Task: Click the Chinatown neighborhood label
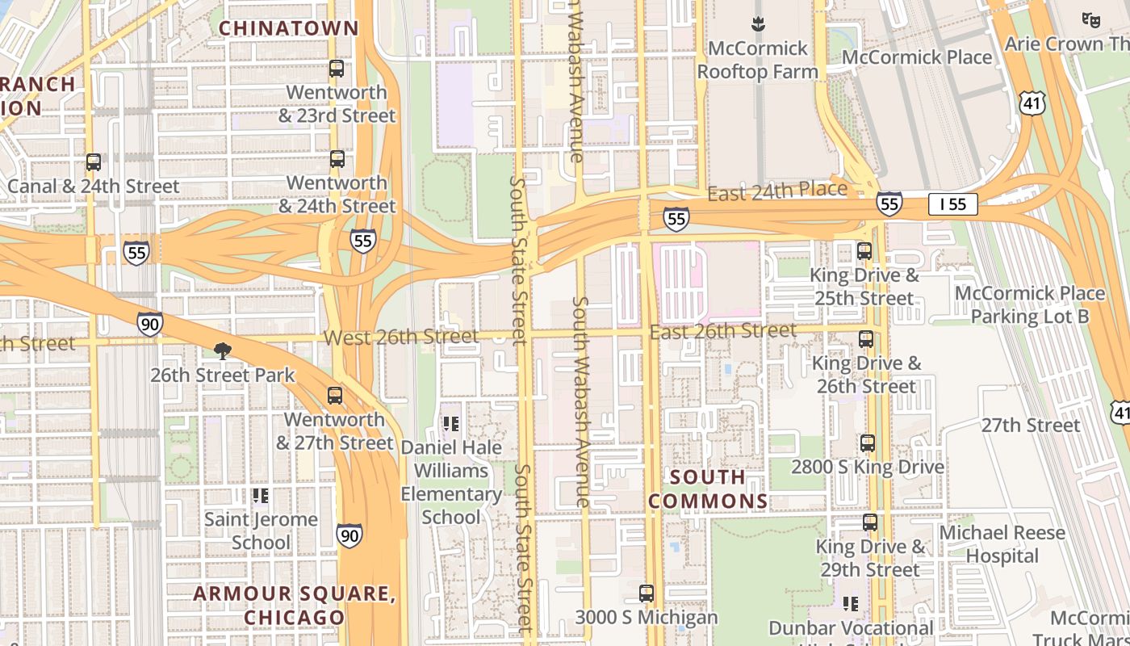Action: [x=288, y=28]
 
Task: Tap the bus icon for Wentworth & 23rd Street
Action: [x=337, y=69]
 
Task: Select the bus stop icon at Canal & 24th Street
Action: [x=94, y=162]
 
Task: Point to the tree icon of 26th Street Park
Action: [x=222, y=351]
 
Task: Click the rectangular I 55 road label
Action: [x=952, y=204]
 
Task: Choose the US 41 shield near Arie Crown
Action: [x=1033, y=103]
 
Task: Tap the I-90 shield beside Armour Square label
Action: [x=349, y=535]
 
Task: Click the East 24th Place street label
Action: [x=777, y=191]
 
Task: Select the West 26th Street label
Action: [x=401, y=337]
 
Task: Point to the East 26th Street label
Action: [x=723, y=331]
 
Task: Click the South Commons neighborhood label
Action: [x=708, y=489]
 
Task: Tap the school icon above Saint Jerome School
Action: [x=260, y=495]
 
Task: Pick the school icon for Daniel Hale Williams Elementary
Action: [x=451, y=423]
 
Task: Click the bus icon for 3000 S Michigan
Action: [x=647, y=594]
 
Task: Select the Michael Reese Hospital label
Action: [x=1002, y=544]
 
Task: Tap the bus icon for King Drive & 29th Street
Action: [x=870, y=522]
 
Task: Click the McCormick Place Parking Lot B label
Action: [x=1030, y=304]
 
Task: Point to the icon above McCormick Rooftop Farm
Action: [x=757, y=24]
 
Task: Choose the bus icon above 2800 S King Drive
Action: [x=868, y=443]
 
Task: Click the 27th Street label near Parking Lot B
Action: [x=1031, y=425]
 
